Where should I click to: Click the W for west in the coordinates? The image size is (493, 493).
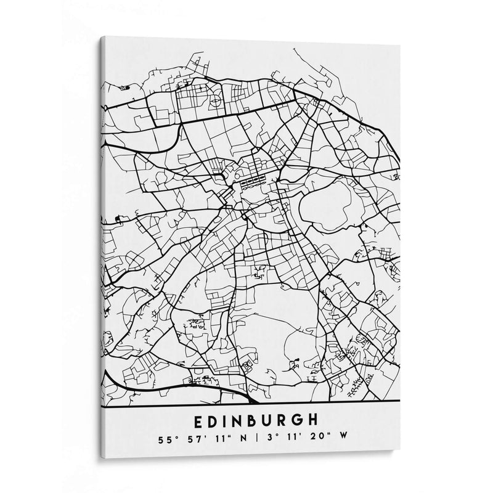click(344, 439)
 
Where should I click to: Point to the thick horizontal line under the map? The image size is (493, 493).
click(246, 405)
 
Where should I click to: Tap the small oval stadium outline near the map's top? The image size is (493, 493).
click(216, 99)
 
